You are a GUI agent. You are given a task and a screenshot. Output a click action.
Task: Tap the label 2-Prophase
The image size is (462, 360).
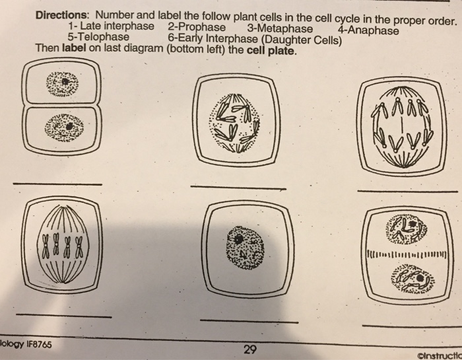[x=197, y=27]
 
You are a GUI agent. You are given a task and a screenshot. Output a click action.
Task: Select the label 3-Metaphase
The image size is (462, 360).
[x=280, y=28]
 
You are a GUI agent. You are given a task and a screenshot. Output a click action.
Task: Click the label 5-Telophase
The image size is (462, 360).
[x=98, y=37]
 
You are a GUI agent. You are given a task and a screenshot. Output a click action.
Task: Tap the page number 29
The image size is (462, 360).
[x=250, y=349]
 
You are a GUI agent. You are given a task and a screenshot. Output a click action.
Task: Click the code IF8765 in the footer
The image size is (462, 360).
[x=39, y=344]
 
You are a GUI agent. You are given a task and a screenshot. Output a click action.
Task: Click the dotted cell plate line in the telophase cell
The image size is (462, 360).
[x=407, y=254]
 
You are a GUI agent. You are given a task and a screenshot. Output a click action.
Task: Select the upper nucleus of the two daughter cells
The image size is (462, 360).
[x=62, y=84]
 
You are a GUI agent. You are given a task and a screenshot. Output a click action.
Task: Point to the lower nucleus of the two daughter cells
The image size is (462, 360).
[x=64, y=127]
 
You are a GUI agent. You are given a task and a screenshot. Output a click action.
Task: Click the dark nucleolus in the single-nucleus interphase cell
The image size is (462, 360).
[x=238, y=238]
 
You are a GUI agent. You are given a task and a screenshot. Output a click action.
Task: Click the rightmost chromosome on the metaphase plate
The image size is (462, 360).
[x=79, y=247]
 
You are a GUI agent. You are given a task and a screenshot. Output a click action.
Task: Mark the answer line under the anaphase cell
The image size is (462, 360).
[x=408, y=192]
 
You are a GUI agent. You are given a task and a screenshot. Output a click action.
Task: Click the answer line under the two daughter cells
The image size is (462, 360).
[x=57, y=184]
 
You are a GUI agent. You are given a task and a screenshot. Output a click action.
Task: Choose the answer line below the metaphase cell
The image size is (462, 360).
[x=63, y=316]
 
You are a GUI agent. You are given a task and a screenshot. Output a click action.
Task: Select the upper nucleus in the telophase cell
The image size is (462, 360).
[x=407, y=229]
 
